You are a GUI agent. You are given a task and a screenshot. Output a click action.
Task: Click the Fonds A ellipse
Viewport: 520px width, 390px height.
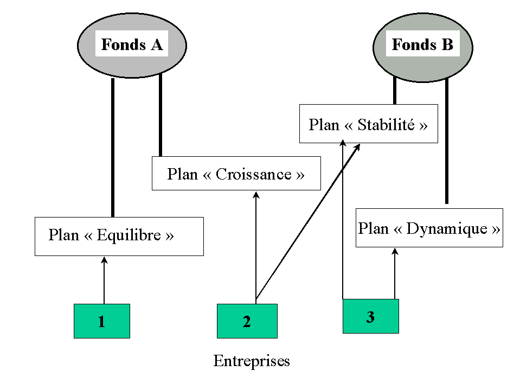[x=132, y=45]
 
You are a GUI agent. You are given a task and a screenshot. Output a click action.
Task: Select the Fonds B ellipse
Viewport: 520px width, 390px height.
[x=422, y=45]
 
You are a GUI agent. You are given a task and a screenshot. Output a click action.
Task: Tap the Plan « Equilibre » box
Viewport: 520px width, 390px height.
[x=119, y=236]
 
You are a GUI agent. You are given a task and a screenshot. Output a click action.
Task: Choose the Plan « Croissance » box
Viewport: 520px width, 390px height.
[x=236, y=174]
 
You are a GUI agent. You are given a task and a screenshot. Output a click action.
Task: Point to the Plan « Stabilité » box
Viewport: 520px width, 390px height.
[x=369, y=124]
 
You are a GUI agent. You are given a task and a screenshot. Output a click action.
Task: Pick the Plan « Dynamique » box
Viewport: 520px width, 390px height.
[x=429, y=228]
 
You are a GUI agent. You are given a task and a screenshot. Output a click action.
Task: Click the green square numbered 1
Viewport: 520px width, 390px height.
[x=102, y=321]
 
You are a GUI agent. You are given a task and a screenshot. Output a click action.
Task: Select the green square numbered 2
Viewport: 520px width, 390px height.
[x=247, y=321]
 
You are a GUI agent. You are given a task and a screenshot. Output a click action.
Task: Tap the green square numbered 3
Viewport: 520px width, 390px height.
[x=370, y=316]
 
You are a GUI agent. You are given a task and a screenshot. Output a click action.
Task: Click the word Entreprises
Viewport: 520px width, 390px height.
[x=252, y=361]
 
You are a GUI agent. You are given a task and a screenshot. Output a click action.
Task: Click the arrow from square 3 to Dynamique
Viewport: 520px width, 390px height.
[x=395, y=274]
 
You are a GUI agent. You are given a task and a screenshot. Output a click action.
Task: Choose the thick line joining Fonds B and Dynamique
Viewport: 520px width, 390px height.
[x=446, y=141]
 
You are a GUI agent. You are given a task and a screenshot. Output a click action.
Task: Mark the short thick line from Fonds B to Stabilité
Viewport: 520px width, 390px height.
[x=395, y=91]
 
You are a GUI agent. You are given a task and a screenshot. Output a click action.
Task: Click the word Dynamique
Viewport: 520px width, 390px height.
[x=446, y=228]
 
